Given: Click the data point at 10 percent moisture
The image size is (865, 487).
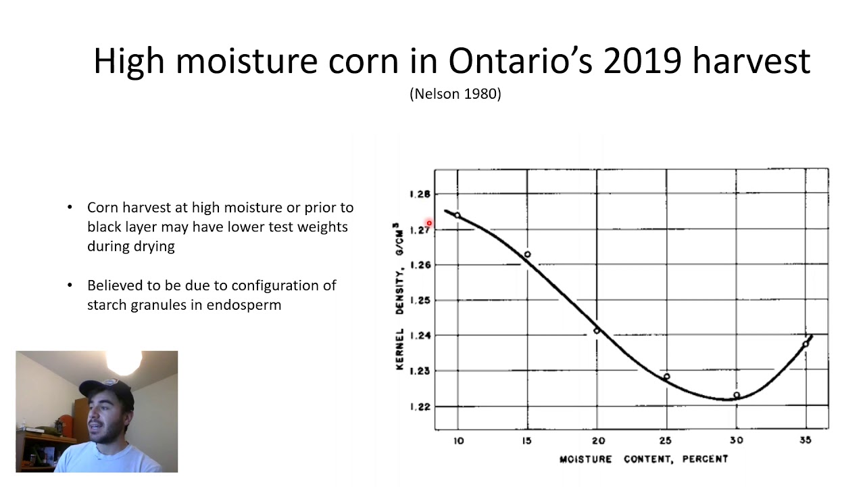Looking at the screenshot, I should pyautogui.click(x=458, y=216).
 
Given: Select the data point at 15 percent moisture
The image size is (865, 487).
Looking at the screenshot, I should pyautogui.click(x=528, y=254).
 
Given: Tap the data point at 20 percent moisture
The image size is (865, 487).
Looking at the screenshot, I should pyautogui.click(x=597, y=331).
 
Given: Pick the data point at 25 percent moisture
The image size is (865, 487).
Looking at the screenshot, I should pyautogui.click(x=667, y=377).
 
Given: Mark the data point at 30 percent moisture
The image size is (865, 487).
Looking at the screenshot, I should pyautogui.click(x=737, y=395).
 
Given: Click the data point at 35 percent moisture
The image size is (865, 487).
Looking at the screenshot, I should pyautogui.click(x=806, y=344).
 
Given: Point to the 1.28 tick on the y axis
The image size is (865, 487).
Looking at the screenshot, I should pyautogui.click(x=420, y=194).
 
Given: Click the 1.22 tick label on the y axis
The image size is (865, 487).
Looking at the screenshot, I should pyautogui.click(x=420, y=407).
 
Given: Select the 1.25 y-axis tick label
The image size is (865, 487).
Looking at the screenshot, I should pyautogui.click(x=420, y=300).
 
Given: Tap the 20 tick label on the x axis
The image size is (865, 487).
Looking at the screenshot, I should pyautogui.click(x=597, y=440).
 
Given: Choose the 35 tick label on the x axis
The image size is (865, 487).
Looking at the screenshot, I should pyautogui.click(x=806, y=440).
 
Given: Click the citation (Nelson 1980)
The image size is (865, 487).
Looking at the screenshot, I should pyautogui.click(x=455, y=94).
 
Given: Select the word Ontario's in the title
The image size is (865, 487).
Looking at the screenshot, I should pyautogui.click(x=520, y=61).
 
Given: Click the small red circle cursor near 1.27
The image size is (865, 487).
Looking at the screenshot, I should pyautogui.click(x=429, y=223).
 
